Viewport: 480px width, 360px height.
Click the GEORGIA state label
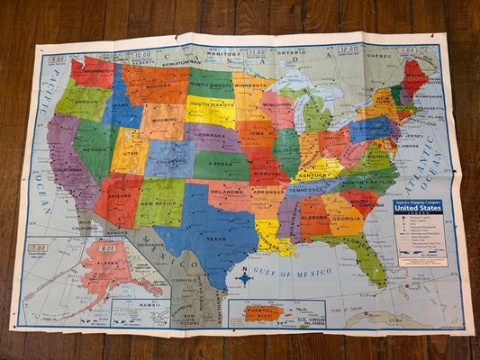click(347, 218)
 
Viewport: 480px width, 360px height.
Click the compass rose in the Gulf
click(244, 278)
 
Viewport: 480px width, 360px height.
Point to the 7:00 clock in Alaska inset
click(37, 247)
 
